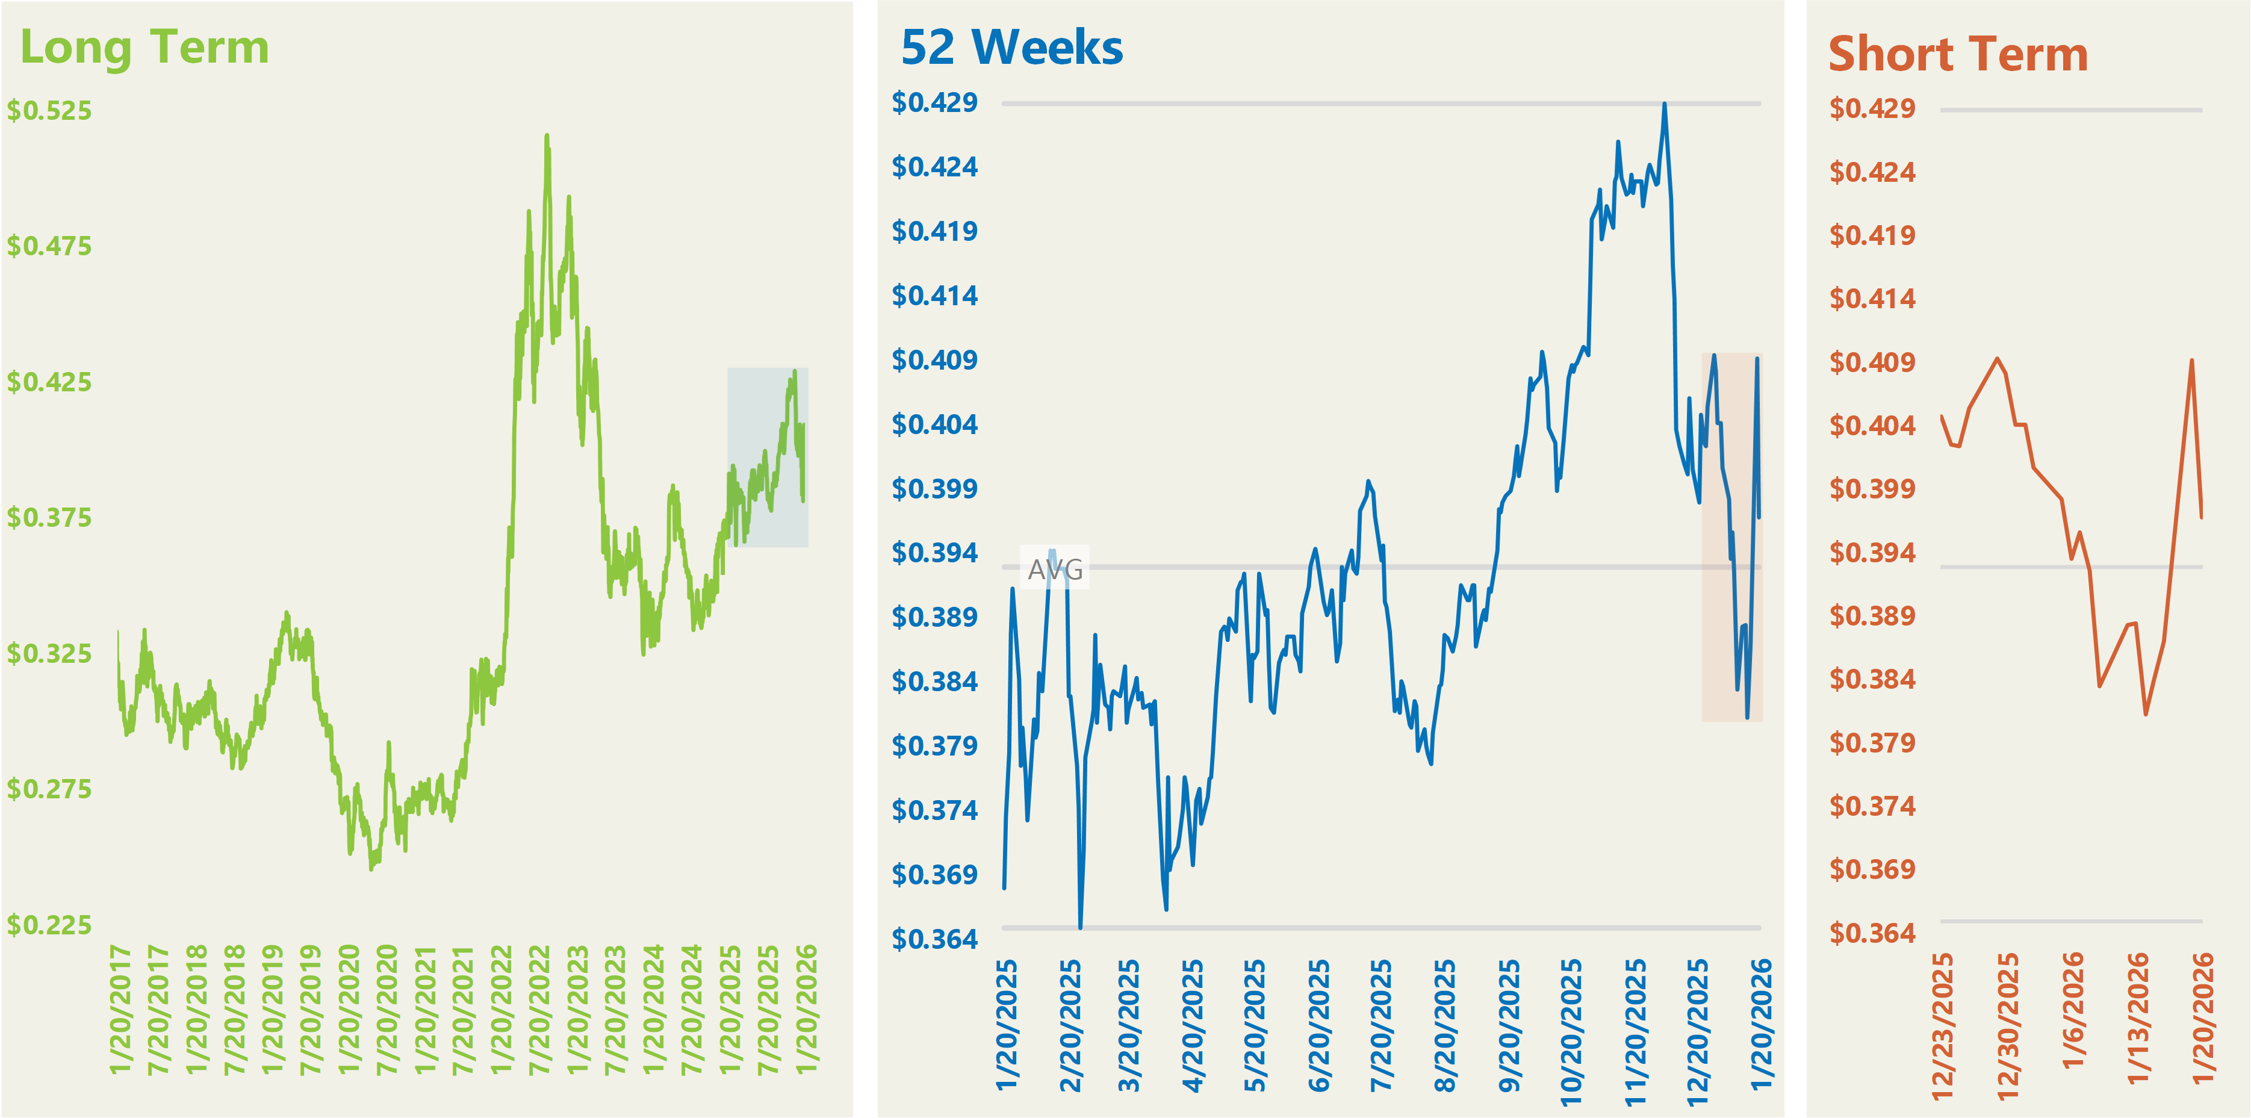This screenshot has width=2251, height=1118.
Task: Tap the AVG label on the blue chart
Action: (1055, 570)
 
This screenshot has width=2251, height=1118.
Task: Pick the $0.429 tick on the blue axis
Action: (934, 103)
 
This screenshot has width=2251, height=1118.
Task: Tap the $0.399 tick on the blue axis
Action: (934, 489)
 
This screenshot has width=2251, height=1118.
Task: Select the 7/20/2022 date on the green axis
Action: (540, 1010)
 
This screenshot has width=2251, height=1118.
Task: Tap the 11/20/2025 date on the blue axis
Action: (1635, 1031)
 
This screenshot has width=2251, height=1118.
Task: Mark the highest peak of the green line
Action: (547, 135)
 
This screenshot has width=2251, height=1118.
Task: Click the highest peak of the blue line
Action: (1665, 104)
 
